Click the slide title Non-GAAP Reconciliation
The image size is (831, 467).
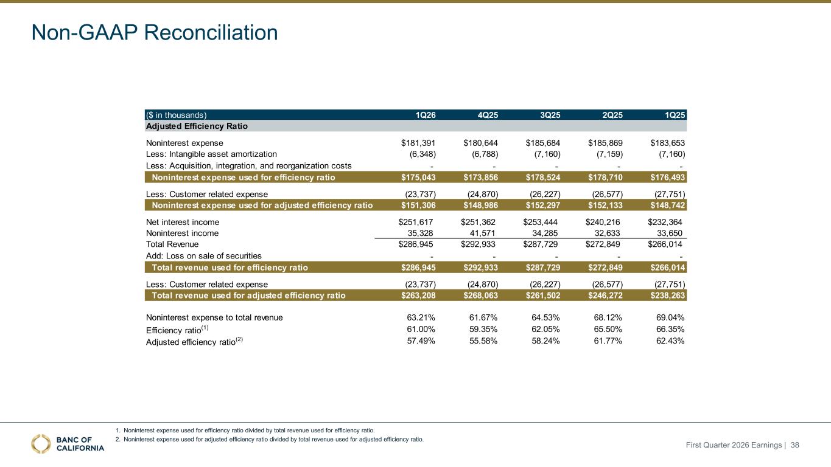click(x=155, y=32)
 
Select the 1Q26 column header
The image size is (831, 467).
click(x=426, y=116)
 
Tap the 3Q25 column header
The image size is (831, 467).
click(x=550, y=116)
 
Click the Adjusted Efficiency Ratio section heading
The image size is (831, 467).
click(x=197, y=126)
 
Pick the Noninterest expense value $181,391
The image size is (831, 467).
click(x=418, y=143)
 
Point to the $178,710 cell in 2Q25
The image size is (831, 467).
click(x=605, y=178)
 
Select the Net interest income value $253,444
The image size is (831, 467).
click(x=540, y=222)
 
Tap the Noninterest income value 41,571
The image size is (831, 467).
click(x=482, y=233)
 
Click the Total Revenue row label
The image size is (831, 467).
click(x=172, y=244)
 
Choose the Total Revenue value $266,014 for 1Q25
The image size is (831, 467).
click(x=665, y=244)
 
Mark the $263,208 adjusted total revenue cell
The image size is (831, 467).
click(x=418, y=296)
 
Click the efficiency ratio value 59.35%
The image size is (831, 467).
click(x=483, y=329)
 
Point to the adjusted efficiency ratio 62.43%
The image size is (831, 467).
click(x=670, y=341)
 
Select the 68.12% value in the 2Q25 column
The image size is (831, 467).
click(x=608, y=317)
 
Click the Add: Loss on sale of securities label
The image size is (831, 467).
click(x=204, y=256)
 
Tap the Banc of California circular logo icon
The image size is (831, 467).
click(x=41, y=444)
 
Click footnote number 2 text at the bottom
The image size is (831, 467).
click(x=270, y=440)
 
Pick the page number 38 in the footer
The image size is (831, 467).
click(x=794, y=445)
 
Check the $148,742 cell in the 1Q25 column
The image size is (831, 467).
click(x=668, y=206)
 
